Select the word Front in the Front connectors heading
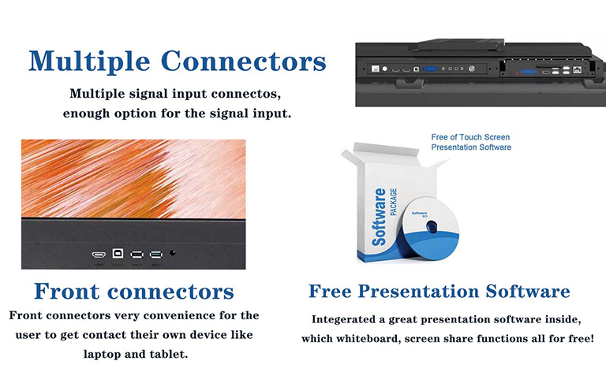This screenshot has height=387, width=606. click(x=69, y=292)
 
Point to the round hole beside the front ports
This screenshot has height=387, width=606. click(x=174, y=255)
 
